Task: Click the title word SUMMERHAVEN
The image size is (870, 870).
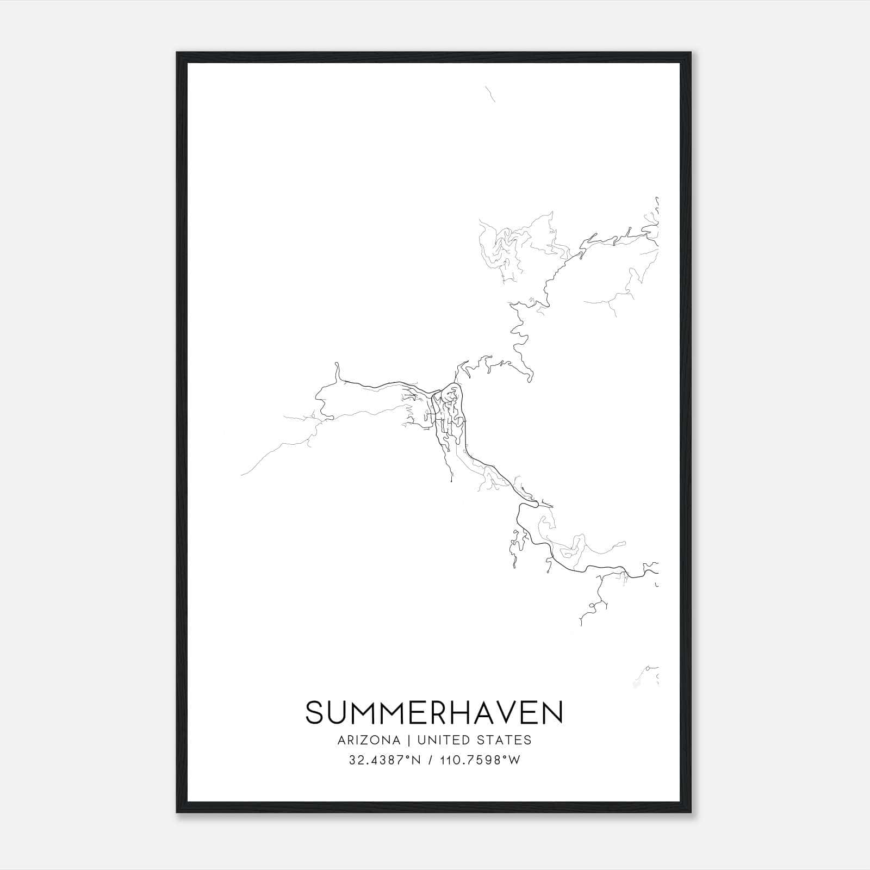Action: [x=434, y=713]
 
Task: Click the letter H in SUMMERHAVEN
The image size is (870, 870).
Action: [x=460, y=713]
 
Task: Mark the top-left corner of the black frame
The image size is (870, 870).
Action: [x=177, y=53]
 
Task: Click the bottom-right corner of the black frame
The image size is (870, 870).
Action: [x=691, y=812]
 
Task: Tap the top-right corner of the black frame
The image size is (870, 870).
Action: [x=691, y=53]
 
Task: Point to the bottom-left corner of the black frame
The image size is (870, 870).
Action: [x=177, y=812]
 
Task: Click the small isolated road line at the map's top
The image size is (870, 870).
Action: [x=490, y=94]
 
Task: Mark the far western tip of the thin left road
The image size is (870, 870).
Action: [x=241, y=475]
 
